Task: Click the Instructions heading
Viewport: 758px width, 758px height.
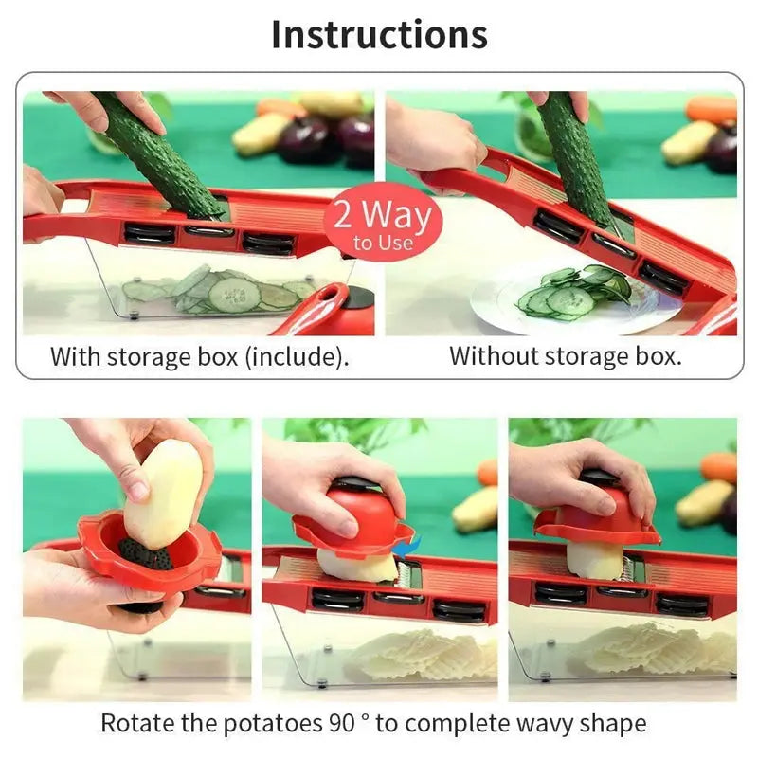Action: [x=379, y=34]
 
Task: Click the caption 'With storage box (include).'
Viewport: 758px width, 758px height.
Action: [x=199, y=357]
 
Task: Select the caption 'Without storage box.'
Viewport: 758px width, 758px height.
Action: [x=565, y=357]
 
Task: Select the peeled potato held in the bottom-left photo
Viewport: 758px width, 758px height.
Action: [x=163, y=493]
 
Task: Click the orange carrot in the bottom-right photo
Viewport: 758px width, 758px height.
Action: [x=719, y=466]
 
